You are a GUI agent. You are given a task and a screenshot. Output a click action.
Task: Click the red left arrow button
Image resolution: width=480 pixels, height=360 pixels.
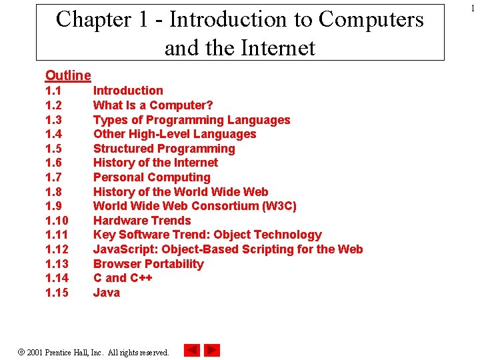(192, 350)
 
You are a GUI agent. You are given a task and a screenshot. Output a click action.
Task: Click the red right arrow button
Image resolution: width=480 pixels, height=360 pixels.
(212, 350)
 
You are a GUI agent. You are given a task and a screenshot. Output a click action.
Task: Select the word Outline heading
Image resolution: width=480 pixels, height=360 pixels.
(68, 75)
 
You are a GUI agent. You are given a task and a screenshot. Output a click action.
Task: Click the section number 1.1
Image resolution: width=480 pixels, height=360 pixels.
(54, 91)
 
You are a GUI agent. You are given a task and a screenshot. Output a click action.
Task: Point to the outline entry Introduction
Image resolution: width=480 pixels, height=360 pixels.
(128, 91)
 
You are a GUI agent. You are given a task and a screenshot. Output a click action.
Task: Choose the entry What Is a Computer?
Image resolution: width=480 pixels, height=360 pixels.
(153, 105)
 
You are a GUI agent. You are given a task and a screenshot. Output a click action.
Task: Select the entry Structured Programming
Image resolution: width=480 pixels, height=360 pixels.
(164, 149)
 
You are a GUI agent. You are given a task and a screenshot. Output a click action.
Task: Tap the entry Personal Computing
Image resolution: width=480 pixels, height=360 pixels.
(151, 177)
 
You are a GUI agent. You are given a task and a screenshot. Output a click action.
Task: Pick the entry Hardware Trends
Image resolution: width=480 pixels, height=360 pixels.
(142, 221)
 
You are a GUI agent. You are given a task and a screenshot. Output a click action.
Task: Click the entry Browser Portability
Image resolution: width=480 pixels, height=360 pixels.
(148, 264)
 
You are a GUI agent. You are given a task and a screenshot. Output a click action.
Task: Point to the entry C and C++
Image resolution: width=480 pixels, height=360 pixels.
(123, 278)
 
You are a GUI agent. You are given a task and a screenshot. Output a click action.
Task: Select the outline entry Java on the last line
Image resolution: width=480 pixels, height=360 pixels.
(107, 293)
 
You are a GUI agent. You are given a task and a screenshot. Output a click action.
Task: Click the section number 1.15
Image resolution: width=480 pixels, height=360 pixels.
(57, 293)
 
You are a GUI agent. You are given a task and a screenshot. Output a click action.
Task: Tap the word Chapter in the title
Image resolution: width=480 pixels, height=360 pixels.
(95, 20)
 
